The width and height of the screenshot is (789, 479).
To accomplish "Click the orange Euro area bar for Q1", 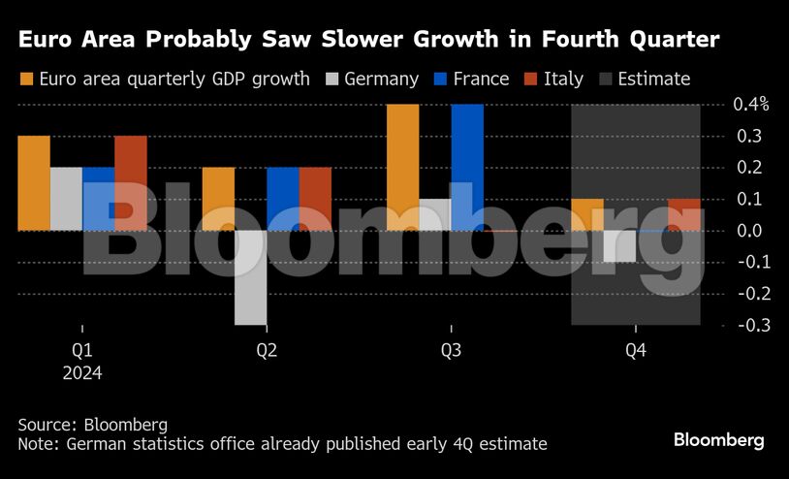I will click(34, 182).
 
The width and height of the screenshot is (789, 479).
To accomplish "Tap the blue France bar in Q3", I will click(467, 167).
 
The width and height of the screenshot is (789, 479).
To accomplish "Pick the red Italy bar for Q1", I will click(131, 182).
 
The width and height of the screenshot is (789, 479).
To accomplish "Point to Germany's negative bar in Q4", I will click(619, 246).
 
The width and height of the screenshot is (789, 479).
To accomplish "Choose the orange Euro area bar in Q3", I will click(403, 167).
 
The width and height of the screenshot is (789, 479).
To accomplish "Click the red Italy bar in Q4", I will click(684, 214).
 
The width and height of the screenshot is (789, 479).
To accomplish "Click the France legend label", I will click(481, 79).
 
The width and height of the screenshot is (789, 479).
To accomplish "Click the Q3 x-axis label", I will click(451, 350).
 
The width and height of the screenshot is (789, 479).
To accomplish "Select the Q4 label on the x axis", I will click(636, 350).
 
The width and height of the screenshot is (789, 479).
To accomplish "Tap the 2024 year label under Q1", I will click(82, 372).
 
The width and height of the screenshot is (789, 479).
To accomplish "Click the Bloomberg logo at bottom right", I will click(718, 439).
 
